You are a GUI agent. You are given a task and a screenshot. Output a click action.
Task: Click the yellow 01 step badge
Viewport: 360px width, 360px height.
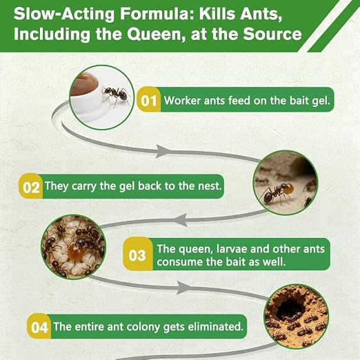pyautogui.click(x=149, y=100)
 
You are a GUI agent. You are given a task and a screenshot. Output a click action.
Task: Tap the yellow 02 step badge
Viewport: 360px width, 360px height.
pyautogui.click(x=31, y=186)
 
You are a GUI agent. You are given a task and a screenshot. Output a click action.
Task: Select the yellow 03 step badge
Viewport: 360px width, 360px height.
pyautogui.click(x=137, y=254)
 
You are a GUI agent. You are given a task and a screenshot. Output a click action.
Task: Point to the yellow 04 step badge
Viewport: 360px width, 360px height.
pyautogui.click(x=39, y=326)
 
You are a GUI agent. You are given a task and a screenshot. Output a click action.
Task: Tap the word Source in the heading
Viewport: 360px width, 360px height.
pyautogui.click(x=272, y=34)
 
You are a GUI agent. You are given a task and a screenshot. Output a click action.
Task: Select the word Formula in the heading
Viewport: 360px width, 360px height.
pyautogui.click(x=157, y=14)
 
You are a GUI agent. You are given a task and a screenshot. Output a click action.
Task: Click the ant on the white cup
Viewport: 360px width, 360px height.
pyautogui.click(x=115, y=95)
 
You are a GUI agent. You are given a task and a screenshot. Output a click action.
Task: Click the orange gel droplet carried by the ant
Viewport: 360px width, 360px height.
pyautogui.click(x=289, y=189)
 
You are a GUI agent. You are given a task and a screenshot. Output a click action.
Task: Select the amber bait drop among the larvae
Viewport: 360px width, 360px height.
pyautogui.click(x=74, y=250)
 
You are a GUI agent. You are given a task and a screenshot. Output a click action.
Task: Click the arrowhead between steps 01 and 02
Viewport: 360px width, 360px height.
pyautogui.click(x=163, y=151)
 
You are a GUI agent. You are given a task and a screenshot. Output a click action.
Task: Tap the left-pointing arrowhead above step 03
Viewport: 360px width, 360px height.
pyautogui.click(x=181, y=220)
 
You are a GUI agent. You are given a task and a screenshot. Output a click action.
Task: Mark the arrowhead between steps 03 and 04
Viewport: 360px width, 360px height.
pyautogui.click(x=184, y=288)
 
